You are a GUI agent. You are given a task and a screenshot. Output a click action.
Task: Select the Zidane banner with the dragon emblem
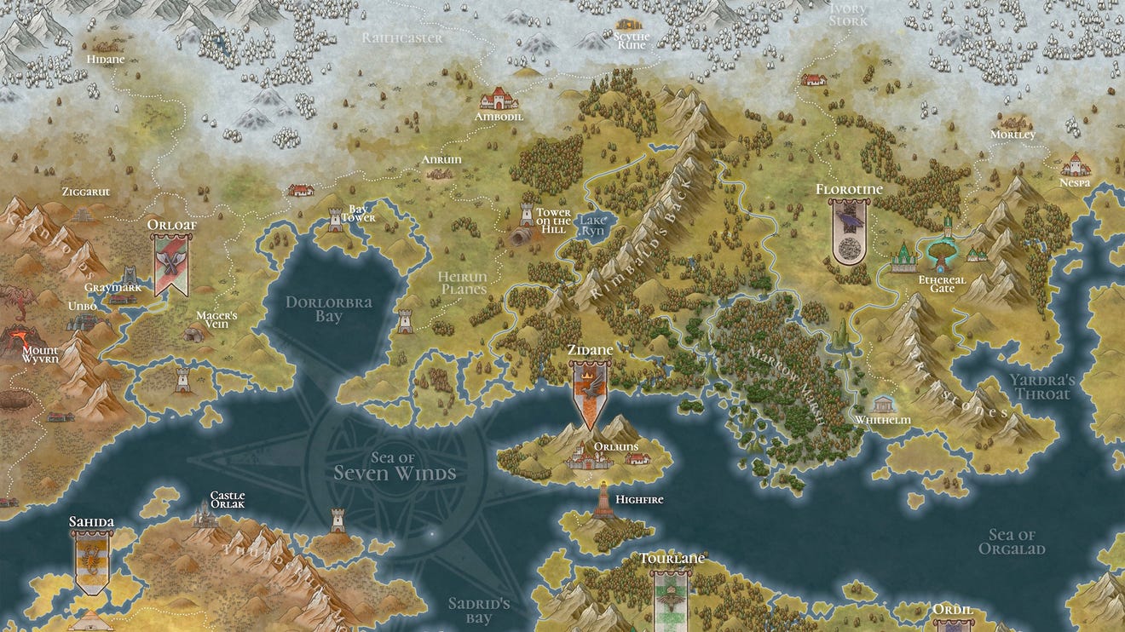pos(590,393)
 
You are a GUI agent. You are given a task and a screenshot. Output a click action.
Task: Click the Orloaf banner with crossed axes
pos(171,264)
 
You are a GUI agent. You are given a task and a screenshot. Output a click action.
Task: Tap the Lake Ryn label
pos(591,225)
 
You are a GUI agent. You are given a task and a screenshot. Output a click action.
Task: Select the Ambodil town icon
pos(499,99)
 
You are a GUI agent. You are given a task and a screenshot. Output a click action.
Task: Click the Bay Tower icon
pos(335,221)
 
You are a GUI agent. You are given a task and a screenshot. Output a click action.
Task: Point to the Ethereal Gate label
pos(942,284)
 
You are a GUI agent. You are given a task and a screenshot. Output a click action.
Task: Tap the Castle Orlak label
pos(228,499)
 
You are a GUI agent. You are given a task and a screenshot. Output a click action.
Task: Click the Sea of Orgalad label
pos(1012,542)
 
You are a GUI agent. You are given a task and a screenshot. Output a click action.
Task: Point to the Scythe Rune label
pos(632,41)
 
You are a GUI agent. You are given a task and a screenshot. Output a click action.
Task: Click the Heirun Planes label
pos(462,283)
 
